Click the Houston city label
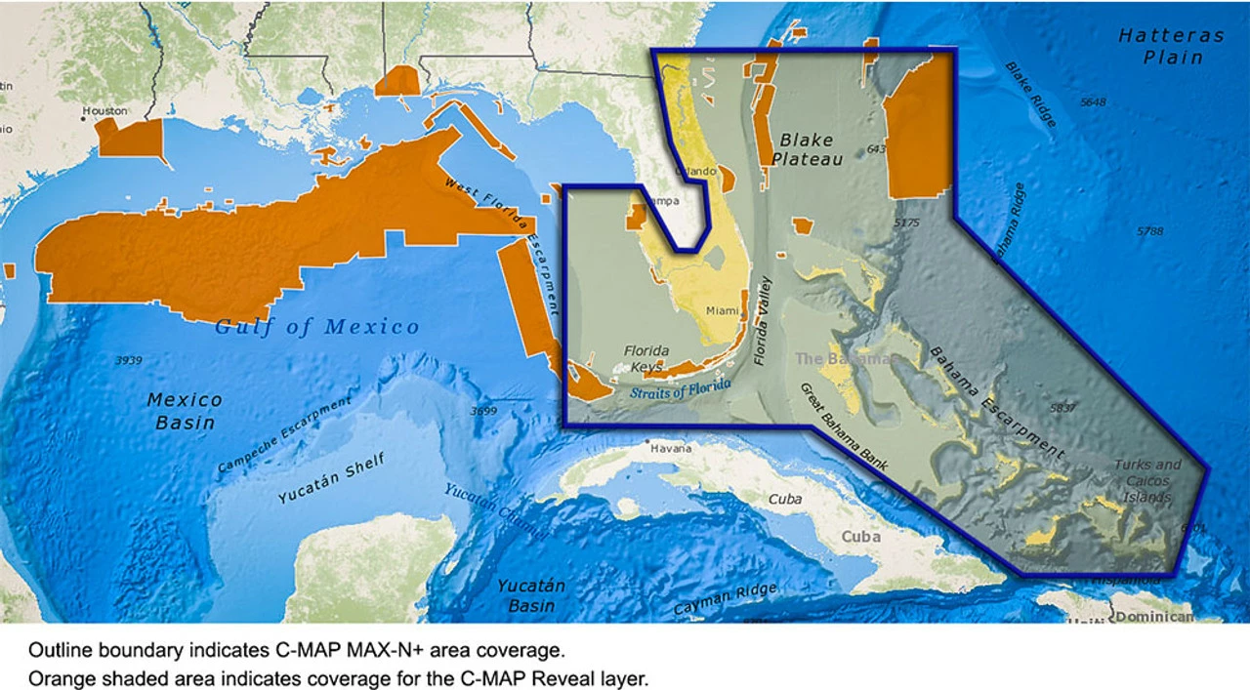(105, 110)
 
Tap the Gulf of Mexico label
(318, 327)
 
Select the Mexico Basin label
(185, 411)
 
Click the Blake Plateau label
(807, 148)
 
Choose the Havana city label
(671, 449)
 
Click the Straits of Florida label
(681, 388)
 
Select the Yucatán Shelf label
(332, 478)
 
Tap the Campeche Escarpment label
(284, 436)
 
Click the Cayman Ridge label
(726, 599)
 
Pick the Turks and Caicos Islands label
(1147, 480)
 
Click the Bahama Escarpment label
(995, 402)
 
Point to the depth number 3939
(128, 360)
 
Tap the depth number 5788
(1150, 231)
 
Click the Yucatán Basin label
(531, 596)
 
